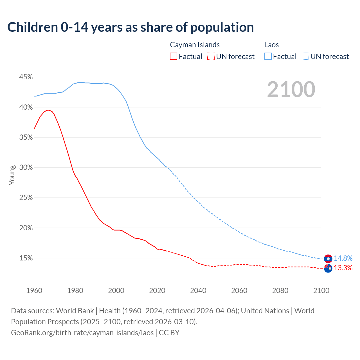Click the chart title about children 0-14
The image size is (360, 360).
tap(130, 27)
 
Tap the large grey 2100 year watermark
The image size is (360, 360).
tap(291, 89)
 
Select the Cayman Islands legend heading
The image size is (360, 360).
tap(195, 45)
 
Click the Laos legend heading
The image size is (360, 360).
tap(271, 45)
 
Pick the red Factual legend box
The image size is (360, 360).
tap(174, 57)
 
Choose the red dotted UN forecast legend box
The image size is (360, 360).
tap(211, 57)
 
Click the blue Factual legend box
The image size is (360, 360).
tap(268, 57)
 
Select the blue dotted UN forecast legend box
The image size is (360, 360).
tap(305, 57)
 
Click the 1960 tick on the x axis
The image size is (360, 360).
tap(34, 291)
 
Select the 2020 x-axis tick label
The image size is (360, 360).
tap(157, 291)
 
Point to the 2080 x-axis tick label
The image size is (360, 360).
tap(280, 291)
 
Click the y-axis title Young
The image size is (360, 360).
tap(12, 175)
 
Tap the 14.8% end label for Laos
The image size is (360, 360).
tap(343, 258)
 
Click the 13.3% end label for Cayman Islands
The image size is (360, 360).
tap(343, 268)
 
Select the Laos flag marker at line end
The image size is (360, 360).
tap(328, 259)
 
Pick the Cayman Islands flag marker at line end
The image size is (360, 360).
tap(328, 268)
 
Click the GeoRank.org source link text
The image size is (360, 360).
tap(82, 333)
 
